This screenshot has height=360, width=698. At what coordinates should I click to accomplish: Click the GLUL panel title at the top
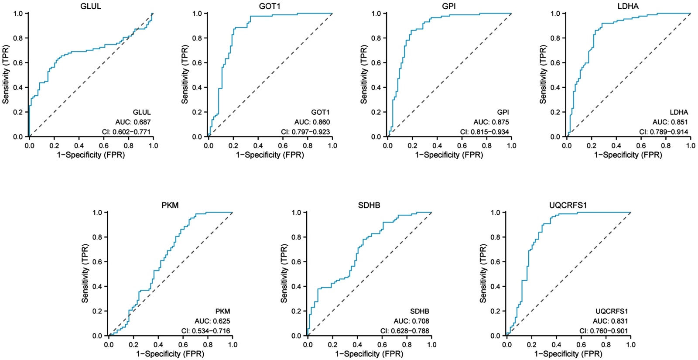[x=91, y=6]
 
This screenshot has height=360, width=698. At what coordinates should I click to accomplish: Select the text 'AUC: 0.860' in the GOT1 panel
[x=312, y=122]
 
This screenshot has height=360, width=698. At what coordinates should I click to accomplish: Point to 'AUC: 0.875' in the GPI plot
[x=491, y=122]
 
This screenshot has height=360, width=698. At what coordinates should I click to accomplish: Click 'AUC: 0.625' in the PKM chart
[x=212, y=321]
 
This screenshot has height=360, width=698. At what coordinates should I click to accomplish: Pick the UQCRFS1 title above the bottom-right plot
[x=568, y=205]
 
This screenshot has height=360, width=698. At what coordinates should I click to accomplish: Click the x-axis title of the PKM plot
[x=170, y=354]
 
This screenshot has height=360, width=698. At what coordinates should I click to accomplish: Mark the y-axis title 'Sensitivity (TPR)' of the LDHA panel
[x=543, y=74]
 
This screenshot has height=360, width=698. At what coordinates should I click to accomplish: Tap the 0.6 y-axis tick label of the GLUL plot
[x=18, y=63]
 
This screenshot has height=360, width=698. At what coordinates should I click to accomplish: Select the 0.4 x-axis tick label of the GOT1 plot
[x=258, y=146]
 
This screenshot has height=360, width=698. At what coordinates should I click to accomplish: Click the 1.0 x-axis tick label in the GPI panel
[x=511, y=146]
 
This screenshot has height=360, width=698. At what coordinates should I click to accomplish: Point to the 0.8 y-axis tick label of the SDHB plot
[x=297, y=237]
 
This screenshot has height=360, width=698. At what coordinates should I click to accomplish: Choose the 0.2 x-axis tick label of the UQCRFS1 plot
[x=531, y=345]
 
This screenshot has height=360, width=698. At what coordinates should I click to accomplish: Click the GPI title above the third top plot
[x=449, y=6]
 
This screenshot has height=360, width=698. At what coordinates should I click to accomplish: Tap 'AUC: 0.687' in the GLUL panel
[x=133, y=122]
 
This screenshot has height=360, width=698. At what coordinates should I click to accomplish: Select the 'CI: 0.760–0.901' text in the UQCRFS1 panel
[x=603, y=331]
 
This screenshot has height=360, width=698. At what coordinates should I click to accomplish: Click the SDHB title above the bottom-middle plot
[x=369, y=205]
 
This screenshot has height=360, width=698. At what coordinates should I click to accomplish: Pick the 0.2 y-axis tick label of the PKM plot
[x=97, y=312]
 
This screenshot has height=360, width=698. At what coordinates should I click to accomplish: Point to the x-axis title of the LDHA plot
[x=628, y=155]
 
